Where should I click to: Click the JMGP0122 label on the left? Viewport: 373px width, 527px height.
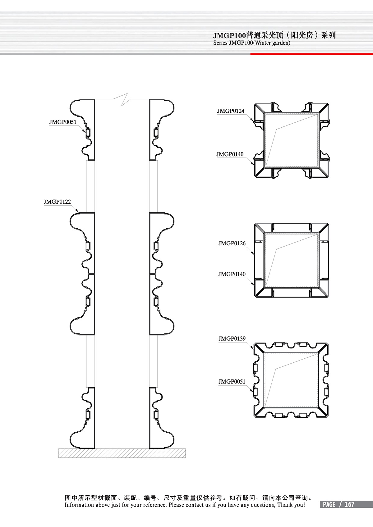click(x=57, y=202)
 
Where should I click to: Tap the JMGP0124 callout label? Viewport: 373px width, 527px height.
click(x=231, y=111)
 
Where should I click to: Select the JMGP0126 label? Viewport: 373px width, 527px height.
click(x=232, y=243)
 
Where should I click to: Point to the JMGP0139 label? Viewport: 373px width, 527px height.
click(x=232, y=338)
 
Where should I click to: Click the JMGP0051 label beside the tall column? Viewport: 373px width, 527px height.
click(x=63, y=122)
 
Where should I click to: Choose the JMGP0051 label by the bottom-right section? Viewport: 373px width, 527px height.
click(x=232, y=382)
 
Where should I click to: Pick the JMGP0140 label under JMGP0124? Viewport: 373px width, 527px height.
click(x=230, y=154)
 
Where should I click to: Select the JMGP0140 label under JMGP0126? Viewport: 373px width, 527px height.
click(x=232, y=274)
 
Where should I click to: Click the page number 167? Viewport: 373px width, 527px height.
click(x=349, y=504)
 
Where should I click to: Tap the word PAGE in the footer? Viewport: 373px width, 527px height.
click(x=329, y=504)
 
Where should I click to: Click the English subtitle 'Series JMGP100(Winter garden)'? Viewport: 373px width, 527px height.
click(x=252, y=43)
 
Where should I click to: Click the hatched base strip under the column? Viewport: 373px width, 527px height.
click(x=122, y=453)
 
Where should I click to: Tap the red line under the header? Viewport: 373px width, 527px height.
click(x=311, y=54)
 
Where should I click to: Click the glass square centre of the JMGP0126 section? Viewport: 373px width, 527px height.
click(x=292, y=260)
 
